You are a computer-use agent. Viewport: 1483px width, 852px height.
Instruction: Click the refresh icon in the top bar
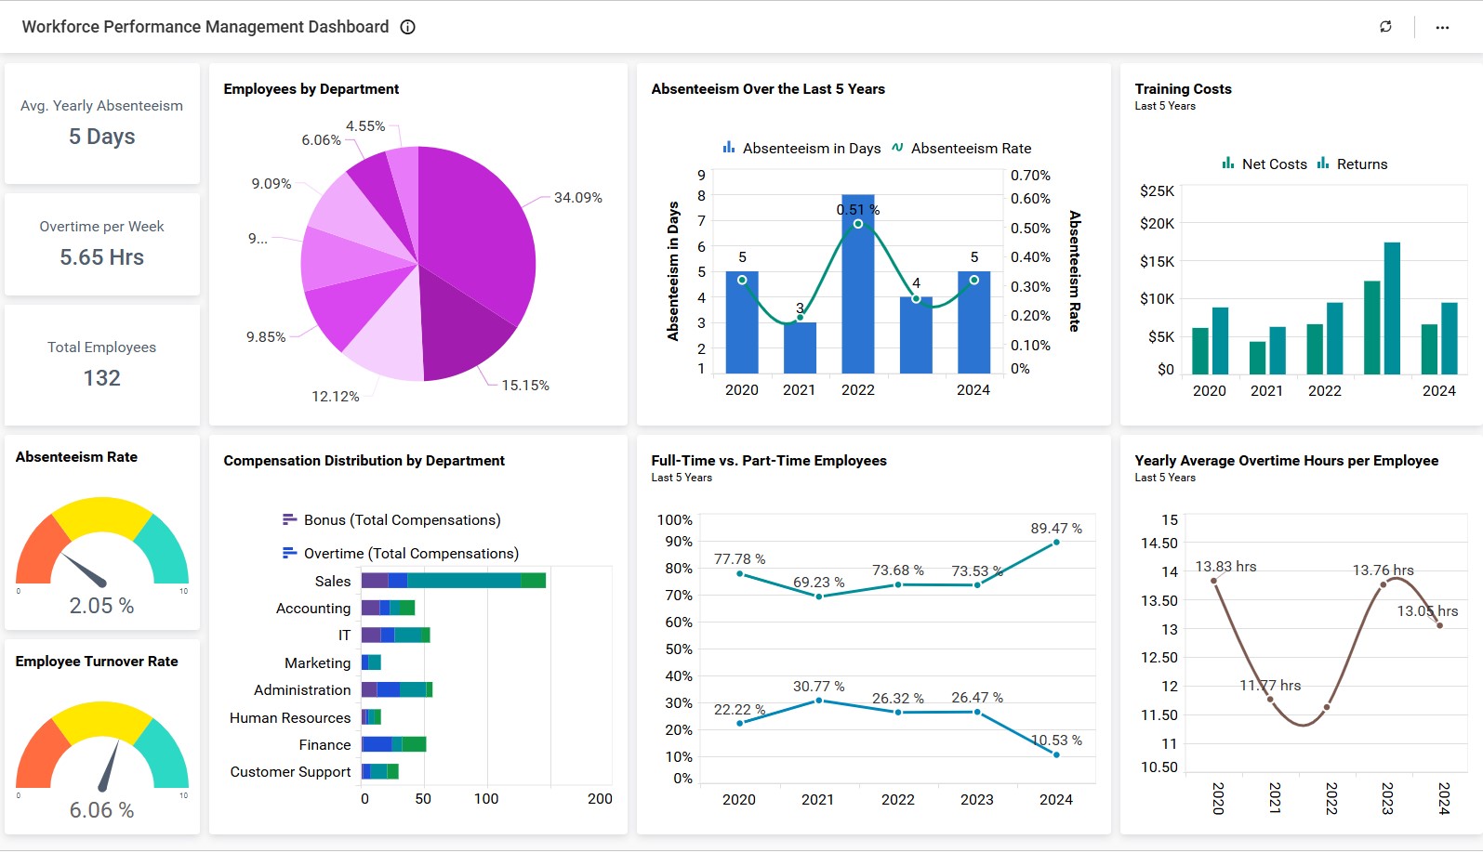[1385, 27]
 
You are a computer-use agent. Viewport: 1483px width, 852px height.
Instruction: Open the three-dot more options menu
[1442, 27]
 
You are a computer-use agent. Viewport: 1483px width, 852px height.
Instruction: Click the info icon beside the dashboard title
[407, 27]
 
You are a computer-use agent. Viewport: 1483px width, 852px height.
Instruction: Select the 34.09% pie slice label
[577, 198]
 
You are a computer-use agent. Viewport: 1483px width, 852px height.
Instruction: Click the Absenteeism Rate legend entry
[961, 149]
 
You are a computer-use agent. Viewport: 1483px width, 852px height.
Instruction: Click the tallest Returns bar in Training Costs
[1392, 308]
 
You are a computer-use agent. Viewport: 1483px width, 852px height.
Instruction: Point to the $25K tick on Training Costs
[1157, 191]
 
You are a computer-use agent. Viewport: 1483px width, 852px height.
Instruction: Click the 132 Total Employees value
[102, 378]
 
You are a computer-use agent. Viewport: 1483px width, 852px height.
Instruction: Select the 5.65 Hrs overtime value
[102, 257]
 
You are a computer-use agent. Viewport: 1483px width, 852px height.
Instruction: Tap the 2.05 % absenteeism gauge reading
[102, 606]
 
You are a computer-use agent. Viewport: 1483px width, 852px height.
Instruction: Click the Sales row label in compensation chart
[332, 582]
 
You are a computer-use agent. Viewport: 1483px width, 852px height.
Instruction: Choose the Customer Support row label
[290, 772]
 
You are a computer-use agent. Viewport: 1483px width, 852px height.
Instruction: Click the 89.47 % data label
[1055, 529]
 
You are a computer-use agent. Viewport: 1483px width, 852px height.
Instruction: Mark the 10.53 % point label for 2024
[1056, 741]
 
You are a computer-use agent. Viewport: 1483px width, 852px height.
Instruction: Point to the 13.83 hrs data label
[1225, 567]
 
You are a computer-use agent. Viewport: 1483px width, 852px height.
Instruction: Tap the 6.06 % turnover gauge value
[102, 810]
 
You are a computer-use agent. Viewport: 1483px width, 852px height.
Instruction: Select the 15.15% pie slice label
[525, 386]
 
